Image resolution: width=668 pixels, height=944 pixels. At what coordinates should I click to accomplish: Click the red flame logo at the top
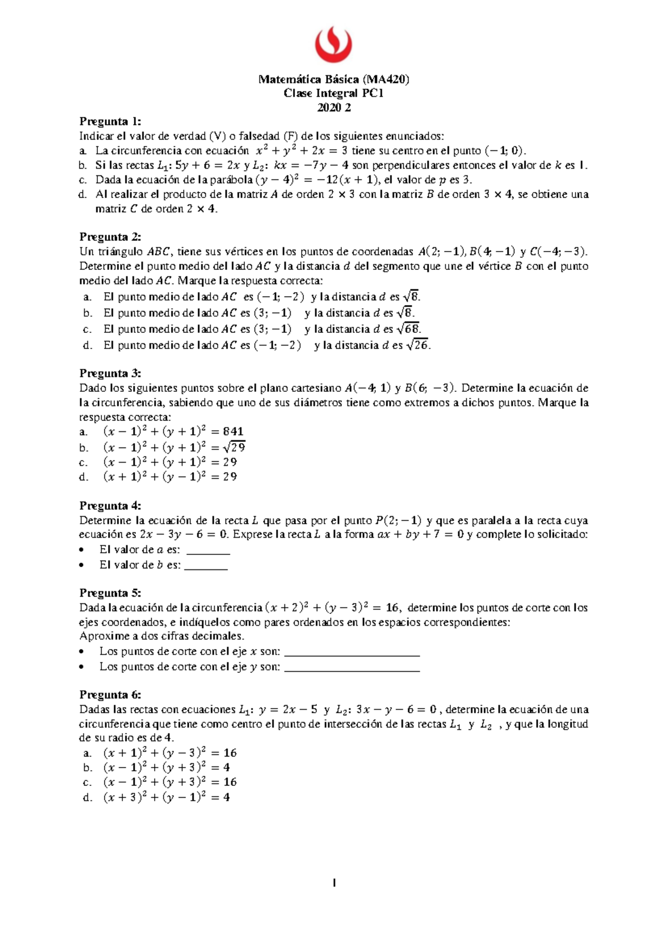(x=333, y=45)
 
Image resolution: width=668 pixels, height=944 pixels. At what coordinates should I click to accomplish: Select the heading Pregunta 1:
(x=110, y=121)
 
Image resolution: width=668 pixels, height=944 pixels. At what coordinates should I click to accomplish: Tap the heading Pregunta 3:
(x=110, y=373)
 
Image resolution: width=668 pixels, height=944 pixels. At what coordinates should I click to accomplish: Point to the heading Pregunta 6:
(x=110, y=695)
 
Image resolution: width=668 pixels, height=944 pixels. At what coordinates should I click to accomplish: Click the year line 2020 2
(x=333, y=108)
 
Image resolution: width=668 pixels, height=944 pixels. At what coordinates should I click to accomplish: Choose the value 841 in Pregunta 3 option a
(x=233, y=431)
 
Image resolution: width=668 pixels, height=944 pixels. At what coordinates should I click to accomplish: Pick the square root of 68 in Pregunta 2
(x=412, y=329)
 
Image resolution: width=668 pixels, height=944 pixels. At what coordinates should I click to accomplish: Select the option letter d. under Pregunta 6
(x=86, y=798)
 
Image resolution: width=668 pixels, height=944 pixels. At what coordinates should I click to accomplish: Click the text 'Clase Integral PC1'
(x=333, y=94)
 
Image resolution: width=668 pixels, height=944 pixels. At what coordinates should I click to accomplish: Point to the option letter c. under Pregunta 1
(x=83, y=180)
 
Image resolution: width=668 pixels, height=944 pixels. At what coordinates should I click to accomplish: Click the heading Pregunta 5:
(x=110, y=593)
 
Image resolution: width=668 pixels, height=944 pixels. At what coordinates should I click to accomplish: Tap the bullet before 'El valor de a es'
(x=83, y=550)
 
